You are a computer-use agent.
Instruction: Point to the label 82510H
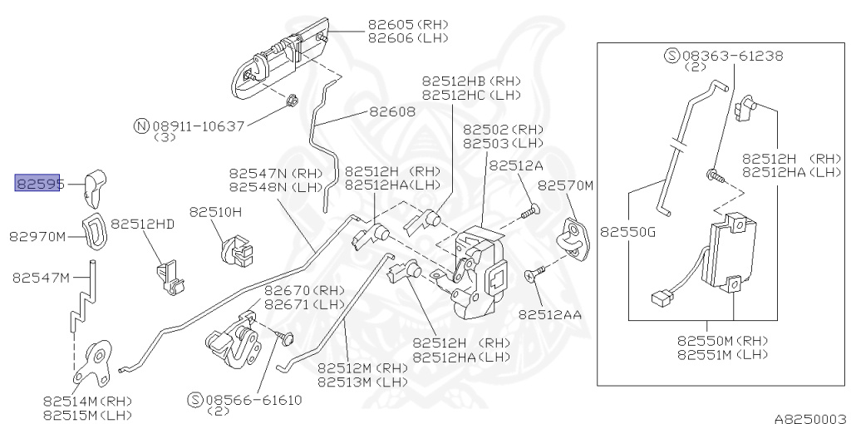point(214,212)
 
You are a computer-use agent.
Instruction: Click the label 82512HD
point(143,224)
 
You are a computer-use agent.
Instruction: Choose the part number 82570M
point(565,185)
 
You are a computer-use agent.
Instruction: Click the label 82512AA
point(549,315)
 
